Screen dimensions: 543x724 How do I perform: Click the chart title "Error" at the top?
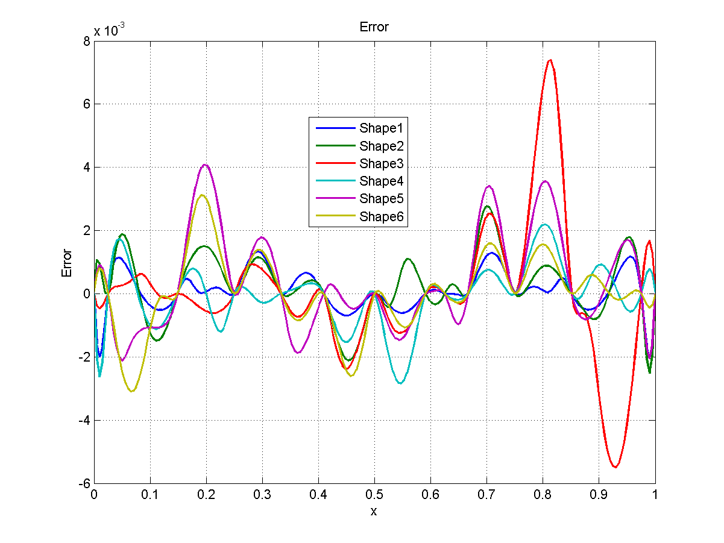pyautogui.click(x=374, y=27)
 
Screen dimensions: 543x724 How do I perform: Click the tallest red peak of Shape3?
pyautogui.click(x=550, y=60)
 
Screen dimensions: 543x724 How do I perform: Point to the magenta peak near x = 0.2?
pyautogui.click(x=206, y=165)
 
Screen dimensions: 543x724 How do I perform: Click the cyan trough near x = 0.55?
pyautogui.click(x=401, y=383)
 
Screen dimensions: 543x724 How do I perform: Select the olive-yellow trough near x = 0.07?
pyautogui.click(x=132, y=391)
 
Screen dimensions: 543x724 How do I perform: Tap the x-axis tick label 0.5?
pyautogui.click(x=374, y=493)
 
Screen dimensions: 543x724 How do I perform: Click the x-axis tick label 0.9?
pyautogui.click(x=599, y=493)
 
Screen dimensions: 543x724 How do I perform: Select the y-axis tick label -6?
pyautogui.click(x=83, y=483)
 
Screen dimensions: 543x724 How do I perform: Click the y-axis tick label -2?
pyautogui.click(x=83, y=357)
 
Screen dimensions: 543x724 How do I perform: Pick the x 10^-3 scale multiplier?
pyautogui.click(x=109, y=30)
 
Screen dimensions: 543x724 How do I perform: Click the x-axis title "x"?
pyautogui.click(x=374, y=511)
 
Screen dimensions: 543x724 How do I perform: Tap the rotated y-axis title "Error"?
pyautogui.click(x=67, y=263)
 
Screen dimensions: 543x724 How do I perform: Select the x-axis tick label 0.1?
pyautogui.click(x=150, y=493)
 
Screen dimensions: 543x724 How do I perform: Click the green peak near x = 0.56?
pyautogui.click(x=409, y=259)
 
